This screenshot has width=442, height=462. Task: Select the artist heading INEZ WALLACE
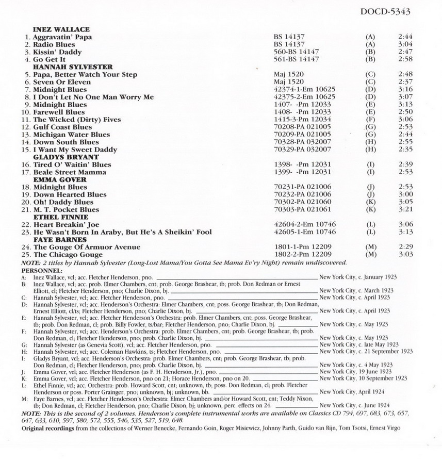61,30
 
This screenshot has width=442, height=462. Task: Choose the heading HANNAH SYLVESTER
73,67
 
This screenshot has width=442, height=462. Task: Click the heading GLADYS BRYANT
66,157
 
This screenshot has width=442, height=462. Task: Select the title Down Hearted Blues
70,194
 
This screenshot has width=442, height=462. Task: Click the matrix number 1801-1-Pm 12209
302,247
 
